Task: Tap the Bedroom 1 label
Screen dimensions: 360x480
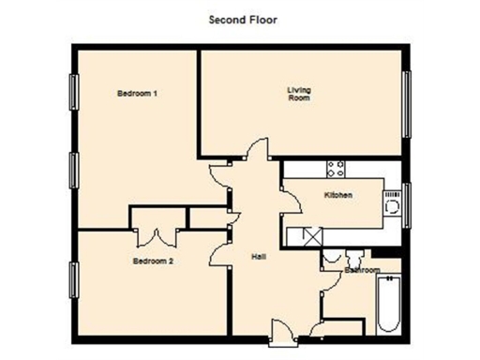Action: point(136,94)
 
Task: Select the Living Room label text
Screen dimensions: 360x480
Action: point(298,94)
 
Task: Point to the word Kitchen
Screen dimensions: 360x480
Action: point(337,195)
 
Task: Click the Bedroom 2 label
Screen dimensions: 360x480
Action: point(152,262)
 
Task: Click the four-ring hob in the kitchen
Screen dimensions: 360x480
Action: point(335,169)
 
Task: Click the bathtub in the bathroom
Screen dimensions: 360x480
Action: point(388,306)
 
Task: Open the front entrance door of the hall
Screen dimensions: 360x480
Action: point(279,328)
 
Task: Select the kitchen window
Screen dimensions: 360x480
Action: point(407,202)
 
